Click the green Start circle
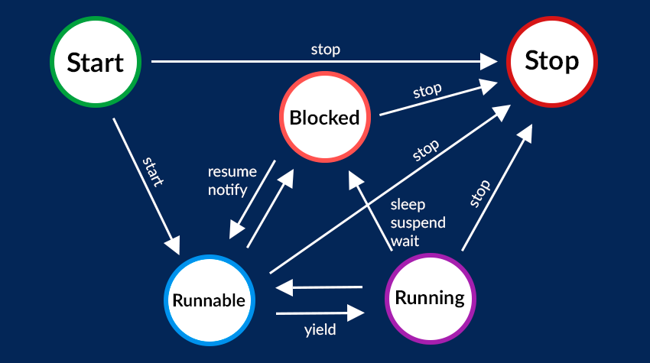click(x=95, y=62)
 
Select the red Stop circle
click(x=551, y=60)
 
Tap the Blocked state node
click(x=324, y=118)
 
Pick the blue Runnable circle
click(x=209, y=300)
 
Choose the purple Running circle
click(x=429, y=297)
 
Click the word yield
click(x=320, y=331)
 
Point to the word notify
click(x=228, y=190)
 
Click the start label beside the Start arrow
click(x=153, y=172)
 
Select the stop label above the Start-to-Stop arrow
click(x=325, y=50)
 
